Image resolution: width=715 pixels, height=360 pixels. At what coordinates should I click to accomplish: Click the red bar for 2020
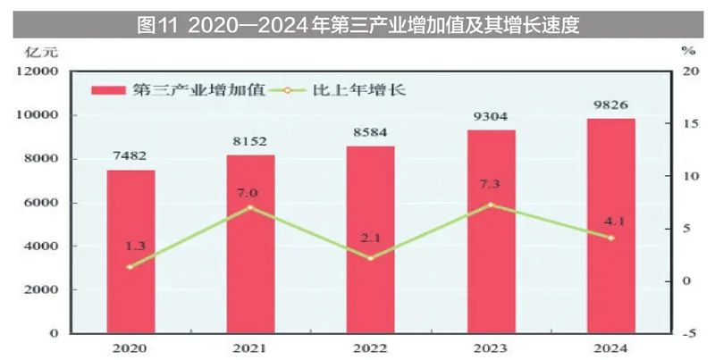(x=131, y=251)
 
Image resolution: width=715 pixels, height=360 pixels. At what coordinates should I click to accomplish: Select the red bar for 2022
(x=370, y=239)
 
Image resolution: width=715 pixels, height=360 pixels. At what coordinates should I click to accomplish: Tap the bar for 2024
(x=611, y=226)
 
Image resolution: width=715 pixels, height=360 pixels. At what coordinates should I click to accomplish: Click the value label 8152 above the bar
(x=250, y=141)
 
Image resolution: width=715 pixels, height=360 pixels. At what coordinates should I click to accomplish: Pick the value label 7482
(x=131, y=155)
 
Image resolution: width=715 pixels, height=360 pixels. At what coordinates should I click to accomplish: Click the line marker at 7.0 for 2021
(x=251, y=207)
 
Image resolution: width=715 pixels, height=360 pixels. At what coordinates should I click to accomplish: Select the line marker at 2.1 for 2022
(x=370, y=258)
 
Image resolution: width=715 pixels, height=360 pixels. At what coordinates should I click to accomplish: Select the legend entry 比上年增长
(x=344, y=89)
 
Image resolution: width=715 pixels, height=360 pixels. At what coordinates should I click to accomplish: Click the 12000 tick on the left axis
(x=40, y=71)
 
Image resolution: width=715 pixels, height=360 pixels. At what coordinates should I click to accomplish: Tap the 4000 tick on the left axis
(x=43, y=246)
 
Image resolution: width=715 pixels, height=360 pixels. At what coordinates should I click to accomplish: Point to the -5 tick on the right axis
(x=686, y=333)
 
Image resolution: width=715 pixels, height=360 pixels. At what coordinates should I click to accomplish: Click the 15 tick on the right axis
(x=686, y=123)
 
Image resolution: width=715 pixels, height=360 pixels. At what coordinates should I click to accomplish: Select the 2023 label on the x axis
(x=491, y=348)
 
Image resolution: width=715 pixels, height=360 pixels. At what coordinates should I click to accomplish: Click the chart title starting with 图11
(x=357, y=24)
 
